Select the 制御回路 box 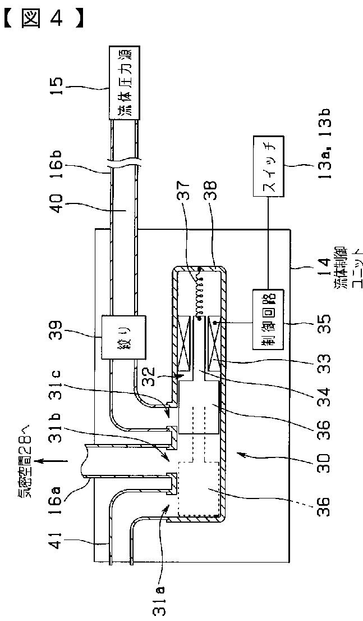tap(269, 320)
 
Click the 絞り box tap(123, 341)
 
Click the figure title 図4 tap(43, 17)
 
